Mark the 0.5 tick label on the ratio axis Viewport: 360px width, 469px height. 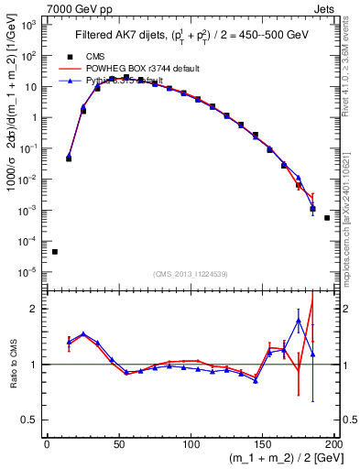(x=30, y=420)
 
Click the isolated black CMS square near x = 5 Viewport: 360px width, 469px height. (x=55, y=252)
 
